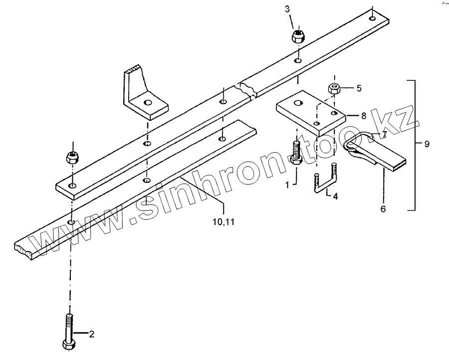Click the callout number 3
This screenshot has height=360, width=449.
coord(287,9)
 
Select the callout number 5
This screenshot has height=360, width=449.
coord(358,89)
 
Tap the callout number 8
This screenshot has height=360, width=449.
coord(363,116)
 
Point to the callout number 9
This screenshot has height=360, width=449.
coord(427,144)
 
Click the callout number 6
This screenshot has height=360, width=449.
coord(383,209)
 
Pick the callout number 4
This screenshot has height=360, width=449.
coord(335,197)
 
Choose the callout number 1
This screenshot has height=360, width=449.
coord(287,185)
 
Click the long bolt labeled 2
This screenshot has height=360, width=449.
coord(68,331)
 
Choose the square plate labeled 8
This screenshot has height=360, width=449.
coord(310,113)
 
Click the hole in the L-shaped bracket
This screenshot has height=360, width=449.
coord(147,103)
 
